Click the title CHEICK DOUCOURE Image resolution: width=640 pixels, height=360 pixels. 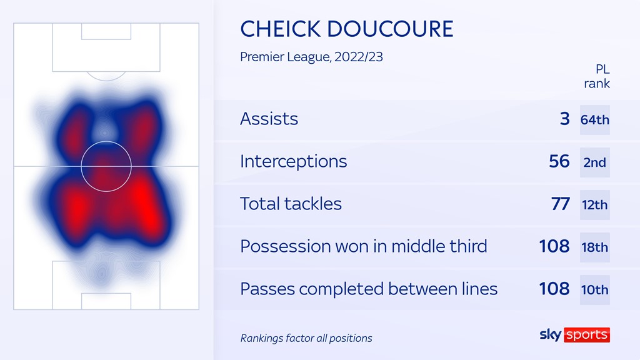[x=346, y=29]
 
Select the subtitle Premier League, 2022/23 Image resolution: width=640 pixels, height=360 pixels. [x=311, y=57]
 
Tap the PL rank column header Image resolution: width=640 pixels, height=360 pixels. [x=597, y=76]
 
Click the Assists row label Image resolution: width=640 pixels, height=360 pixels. [x=269, y=119]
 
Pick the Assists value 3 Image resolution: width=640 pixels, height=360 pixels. [x=565, y=119]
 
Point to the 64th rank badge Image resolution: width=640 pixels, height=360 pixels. [x=595, y=119]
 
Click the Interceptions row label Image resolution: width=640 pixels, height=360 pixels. [x=294, y=161]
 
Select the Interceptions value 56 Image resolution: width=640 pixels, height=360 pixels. [x=559, y=161]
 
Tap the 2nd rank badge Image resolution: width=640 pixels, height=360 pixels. [x=595, y=162]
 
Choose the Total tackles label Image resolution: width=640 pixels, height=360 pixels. [x=291, y=204]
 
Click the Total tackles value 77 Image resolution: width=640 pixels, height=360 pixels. [x=561, y=204]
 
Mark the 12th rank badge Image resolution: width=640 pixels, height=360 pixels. [x=595, y=205]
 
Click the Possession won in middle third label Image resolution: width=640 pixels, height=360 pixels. [x=364, y=246]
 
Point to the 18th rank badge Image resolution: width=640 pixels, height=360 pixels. [x=595, y=247]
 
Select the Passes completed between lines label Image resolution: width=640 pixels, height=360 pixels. [x=369, y=289]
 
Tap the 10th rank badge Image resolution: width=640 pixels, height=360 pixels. [x=595, y=290]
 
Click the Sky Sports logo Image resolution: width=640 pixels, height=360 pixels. [x=575, y=335]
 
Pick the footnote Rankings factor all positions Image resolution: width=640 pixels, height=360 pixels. [x=306, y=338]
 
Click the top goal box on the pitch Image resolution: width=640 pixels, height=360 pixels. [x=106, y=31]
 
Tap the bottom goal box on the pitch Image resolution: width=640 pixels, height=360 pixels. [x=106, y=301]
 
